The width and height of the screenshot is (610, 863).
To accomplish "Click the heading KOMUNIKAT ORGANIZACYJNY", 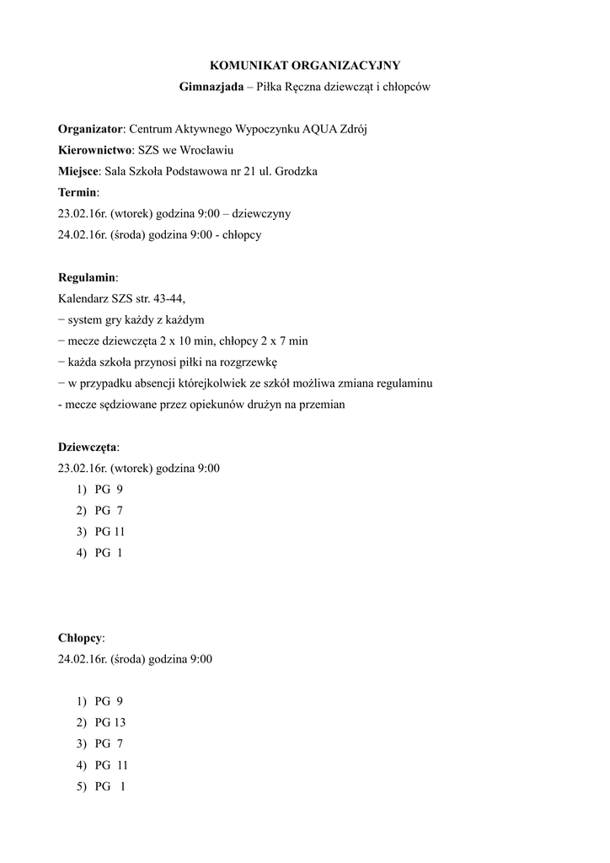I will click(304, 65).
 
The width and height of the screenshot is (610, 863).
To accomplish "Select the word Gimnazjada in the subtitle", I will click(211, 87).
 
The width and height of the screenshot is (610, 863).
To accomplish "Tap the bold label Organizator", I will click(90, 129).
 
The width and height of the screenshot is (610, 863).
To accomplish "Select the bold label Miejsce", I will click(80, 171).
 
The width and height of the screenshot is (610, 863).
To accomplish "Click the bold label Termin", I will click(77, 192).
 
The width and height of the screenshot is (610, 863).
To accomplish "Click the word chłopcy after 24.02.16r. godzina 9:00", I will click(243, 234).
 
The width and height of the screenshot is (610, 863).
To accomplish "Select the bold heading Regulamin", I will click(87, 277).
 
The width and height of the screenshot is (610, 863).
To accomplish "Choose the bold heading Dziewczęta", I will click(88, 447).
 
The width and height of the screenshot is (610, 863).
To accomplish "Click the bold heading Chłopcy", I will click(79, 638).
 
